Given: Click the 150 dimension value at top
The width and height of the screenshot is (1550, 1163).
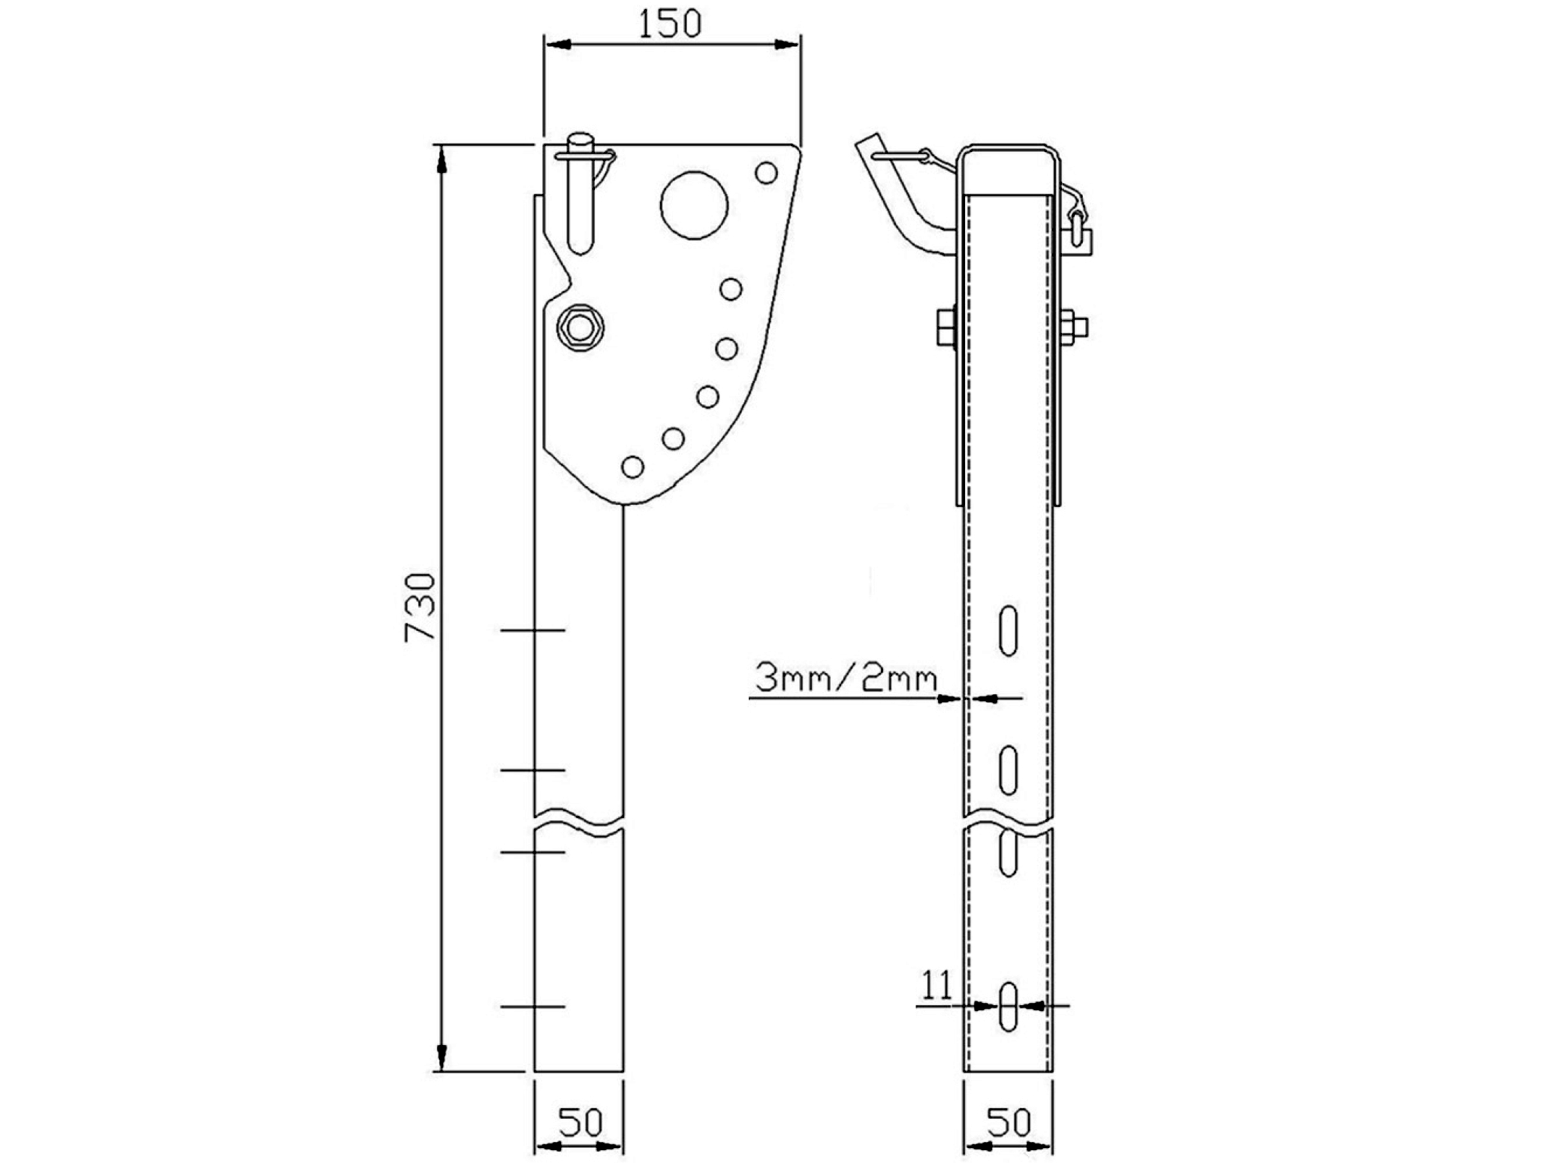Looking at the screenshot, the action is coord(669,25).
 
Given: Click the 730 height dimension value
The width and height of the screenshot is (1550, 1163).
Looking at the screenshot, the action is coord(420,607).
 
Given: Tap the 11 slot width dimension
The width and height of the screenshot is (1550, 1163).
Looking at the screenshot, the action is coord(937,985).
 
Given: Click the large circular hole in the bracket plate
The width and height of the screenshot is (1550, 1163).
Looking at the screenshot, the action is coord(694,205).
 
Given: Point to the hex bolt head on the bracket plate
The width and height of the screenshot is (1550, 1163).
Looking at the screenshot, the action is coord(580,327).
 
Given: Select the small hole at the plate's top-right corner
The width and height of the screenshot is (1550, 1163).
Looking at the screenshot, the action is coord(767,173).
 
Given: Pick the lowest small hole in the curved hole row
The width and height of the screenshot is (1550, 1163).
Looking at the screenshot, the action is coord(633,467).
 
